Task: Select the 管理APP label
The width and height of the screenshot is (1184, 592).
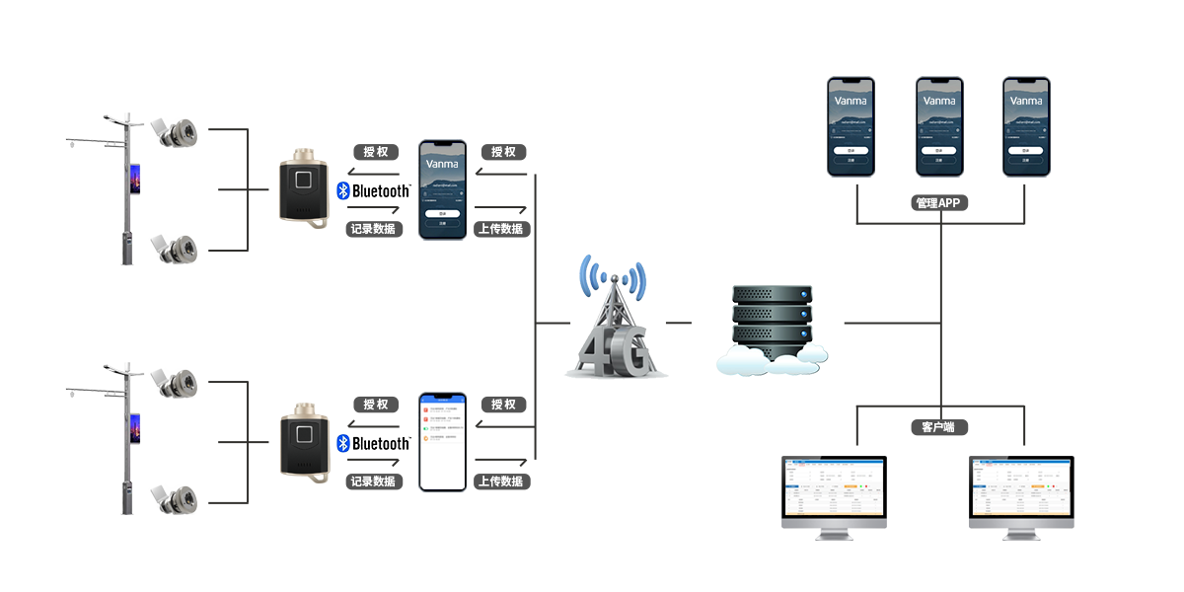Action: [x=937, y=203]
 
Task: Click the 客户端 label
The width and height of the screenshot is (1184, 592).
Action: [x=938, y=427]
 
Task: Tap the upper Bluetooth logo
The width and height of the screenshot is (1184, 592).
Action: [x=373, y=191]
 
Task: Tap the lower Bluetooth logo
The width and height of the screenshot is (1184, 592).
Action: [x=373, y=444]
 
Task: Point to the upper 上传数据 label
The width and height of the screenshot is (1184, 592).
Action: [x=502, y=229]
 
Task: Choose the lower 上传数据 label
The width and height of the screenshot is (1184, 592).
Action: [x=502, y=481]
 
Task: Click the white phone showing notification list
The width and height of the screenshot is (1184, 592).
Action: [x=441, y=441]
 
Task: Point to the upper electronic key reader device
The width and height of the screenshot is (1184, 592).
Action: [x=303, y=187]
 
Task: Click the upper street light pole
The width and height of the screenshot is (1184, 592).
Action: [x=125, y=187]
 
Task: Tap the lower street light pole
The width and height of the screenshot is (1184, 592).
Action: [x=125, y=439]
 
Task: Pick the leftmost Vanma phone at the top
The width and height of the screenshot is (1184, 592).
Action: [x=850, y=126]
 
